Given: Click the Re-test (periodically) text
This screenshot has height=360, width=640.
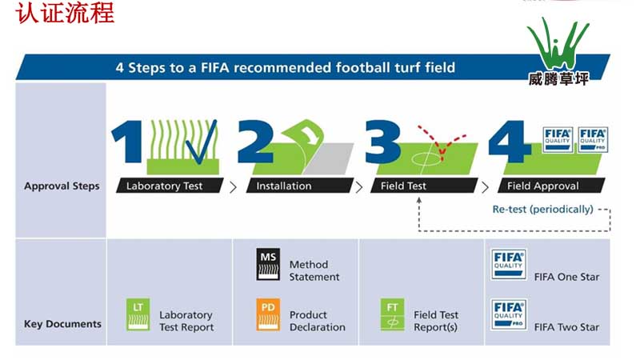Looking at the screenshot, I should click(x=542, y=210).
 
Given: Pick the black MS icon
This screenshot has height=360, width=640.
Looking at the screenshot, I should click(x=268, y=265).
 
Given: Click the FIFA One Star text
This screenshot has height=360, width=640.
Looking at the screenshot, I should click(x=566, y=277).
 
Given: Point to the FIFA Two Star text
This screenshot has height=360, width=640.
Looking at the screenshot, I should click(x=566, y=327).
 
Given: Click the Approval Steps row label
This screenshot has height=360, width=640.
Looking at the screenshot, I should click(x=62, y=186).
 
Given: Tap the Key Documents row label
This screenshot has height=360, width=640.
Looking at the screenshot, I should click(x=62, y=324).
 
